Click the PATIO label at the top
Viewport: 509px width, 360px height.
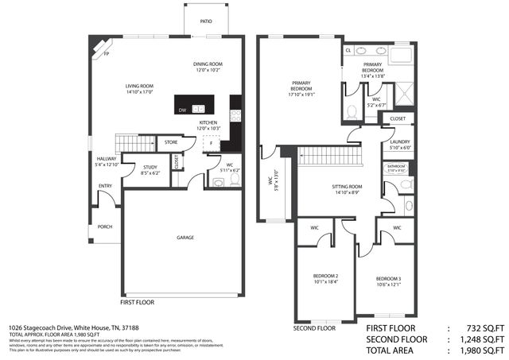click(205, 22)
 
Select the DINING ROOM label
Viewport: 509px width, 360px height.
click(208, 64)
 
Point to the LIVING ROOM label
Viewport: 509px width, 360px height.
click(138, 86)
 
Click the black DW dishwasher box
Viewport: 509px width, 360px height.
click(182, 110)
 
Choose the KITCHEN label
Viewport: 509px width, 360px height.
click(208, 122)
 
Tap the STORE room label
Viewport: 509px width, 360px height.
click(170, 142)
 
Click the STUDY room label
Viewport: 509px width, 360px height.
click(150, 167)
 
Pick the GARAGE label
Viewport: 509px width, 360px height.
click(186, 237)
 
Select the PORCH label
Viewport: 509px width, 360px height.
click(105, 226)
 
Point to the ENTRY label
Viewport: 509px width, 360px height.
click(105, 186)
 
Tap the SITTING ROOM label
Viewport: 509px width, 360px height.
click(348, 187)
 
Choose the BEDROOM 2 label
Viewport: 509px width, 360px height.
click(326, 276)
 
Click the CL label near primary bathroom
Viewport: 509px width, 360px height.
click(348, 49)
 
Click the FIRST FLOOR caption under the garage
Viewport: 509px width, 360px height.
click(138, 303)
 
